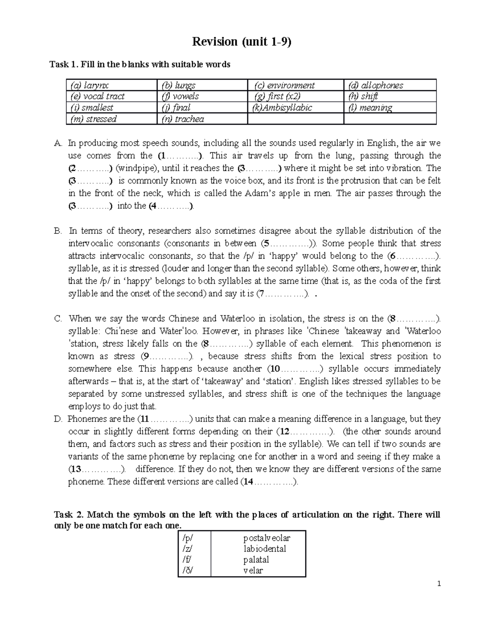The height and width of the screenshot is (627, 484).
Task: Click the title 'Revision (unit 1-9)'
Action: click(x=241, y=42)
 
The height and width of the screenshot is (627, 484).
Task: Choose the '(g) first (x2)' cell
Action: click(x=277, y=96)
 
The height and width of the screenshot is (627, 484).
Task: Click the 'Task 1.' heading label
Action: click(x=64, y=64)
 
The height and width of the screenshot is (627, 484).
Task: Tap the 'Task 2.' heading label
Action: click(x=69, y=515)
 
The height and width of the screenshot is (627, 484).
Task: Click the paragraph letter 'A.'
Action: click(x=58, y=143)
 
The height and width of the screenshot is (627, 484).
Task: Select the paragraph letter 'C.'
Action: click(x=58, y=319)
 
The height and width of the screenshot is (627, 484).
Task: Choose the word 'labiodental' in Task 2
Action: click(x=265, y=549)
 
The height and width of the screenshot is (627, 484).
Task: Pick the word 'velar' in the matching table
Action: click(x=253, y=570)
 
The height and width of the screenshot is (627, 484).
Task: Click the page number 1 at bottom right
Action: click(x=439, y=584)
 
